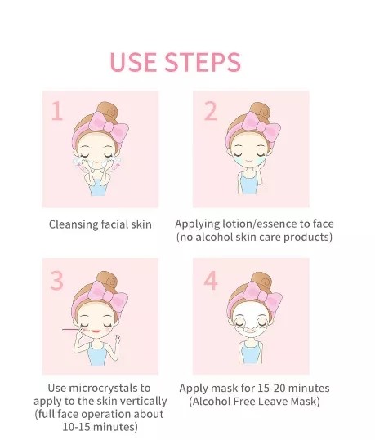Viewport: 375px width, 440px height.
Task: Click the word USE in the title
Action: click(135, 62)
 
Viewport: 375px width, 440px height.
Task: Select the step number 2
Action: click(210, 111)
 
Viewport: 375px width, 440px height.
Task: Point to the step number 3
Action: click(56, 281)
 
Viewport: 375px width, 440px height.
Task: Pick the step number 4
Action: click(210, 281)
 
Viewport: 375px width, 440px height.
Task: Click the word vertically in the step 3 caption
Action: click(143, 401)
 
